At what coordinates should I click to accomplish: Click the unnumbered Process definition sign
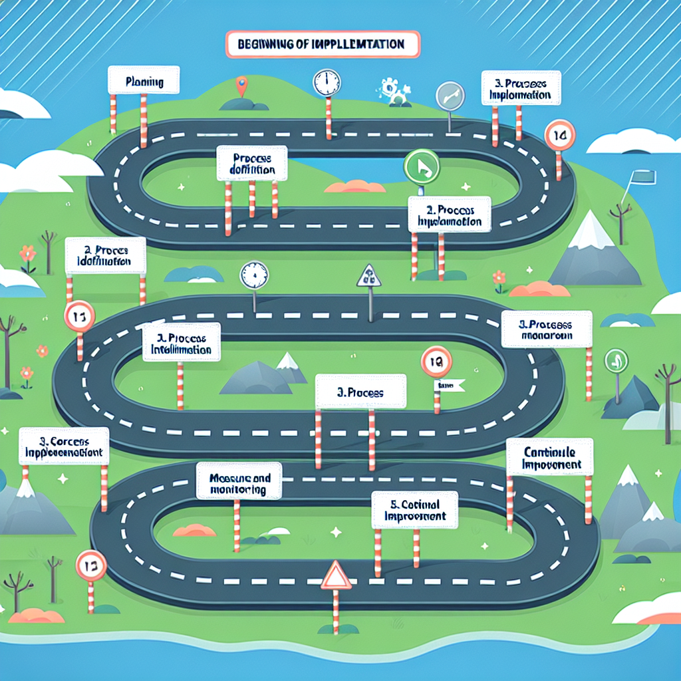[251, 163]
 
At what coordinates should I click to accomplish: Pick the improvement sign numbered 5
[415, 510]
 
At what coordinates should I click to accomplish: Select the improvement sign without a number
[549, 457]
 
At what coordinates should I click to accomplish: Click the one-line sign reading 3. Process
[360, 392]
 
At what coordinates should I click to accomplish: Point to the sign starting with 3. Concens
[64, 446]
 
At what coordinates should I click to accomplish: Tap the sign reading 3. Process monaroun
[546, 329]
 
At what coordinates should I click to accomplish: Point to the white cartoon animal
[393, 91]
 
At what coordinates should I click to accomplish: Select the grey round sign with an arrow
[450, 95]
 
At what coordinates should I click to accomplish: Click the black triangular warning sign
[368, 276]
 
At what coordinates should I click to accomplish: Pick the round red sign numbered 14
[559, 136]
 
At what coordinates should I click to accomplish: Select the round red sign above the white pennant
[436, 361]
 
